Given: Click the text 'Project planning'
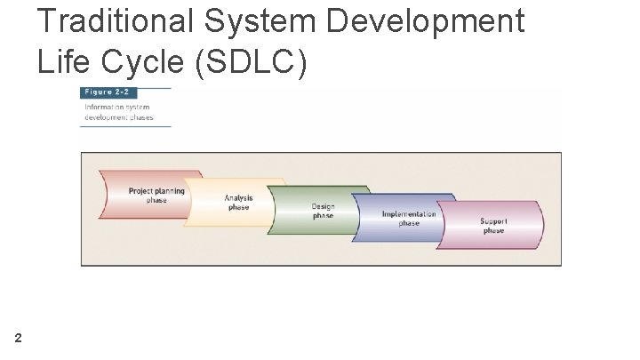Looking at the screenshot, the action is pyautogui.click(x=156, y=190).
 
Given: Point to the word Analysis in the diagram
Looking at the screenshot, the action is pyautogui.click(x=238, y=198).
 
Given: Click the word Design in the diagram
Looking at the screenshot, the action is pyautogui.click(x=323, y=206).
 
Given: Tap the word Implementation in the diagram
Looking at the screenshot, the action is pyautogui.click(x=409, y=214).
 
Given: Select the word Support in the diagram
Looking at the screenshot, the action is pyautogui.click(x=493, y=221).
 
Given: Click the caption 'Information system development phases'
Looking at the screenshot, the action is pyautogui.click(x=119, y=113).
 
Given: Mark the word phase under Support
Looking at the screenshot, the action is pyautogui.click(x=493, y=230).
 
